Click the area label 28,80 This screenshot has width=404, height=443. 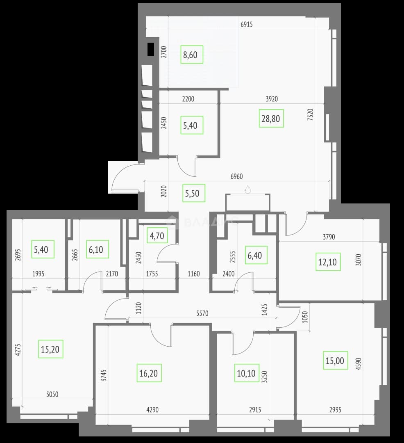point(271,119)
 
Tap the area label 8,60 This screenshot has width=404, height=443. point(192,55)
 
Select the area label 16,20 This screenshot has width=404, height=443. point(149,373)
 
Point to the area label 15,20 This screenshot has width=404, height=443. point(50,349)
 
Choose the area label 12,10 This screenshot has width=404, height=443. point(328,262)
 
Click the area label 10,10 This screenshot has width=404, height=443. point(247,373)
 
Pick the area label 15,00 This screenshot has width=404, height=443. point(335,361)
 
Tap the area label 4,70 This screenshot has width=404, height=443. point(157,235)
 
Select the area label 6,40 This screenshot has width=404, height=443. point(256,255)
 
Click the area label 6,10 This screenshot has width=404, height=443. point(98,249)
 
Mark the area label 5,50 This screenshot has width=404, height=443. point(193,193)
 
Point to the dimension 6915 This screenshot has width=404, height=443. point(247,24)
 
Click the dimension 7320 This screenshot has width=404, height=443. point(310,115)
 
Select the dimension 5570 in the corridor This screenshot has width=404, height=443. point(202,313)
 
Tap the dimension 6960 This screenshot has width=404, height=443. point(236,176)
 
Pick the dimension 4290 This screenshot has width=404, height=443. point(152,409)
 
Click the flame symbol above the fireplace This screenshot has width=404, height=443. point(248,189)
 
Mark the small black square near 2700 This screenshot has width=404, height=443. point(151,49)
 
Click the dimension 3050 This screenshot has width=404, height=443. point(52,394)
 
